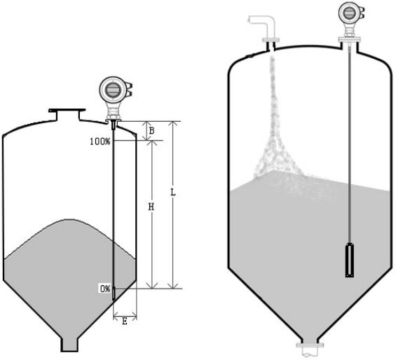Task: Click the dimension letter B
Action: pos(151,131)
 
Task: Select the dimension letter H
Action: pos(151,207)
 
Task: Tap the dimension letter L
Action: pos(173,193)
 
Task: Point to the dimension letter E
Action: pos(125,321)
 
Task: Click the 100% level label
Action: pos(100,141)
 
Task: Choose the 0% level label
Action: pos(105,289)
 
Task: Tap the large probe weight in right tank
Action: pos(350,260)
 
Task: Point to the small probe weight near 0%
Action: pos(114,293)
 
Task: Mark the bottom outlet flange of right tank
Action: pos(310,345)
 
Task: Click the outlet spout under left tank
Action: pos(69,345)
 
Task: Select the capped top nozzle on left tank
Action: pos(67,114)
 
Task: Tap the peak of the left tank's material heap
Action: pos(71,219)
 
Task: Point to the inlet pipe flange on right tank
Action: pos(271,40)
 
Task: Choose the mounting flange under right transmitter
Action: pos(349,39)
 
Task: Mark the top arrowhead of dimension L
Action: pos(173,124)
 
